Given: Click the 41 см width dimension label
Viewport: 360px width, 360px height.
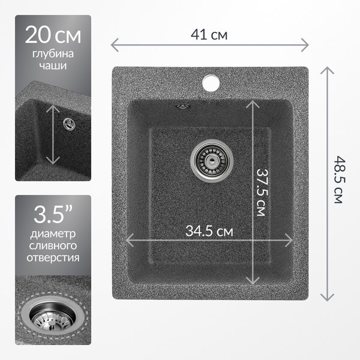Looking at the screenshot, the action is (209, 35).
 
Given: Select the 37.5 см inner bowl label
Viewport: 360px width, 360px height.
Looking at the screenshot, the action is (262, 193).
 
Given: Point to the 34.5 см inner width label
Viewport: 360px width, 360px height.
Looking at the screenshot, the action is (209, 231).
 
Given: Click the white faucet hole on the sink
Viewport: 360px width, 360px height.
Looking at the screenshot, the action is (211, 82).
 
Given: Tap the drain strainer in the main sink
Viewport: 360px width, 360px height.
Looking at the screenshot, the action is (212, 161).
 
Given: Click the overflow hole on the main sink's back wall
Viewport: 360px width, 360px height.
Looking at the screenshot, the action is (183, 106).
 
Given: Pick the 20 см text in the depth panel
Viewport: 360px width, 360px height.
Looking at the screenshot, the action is (53, 35).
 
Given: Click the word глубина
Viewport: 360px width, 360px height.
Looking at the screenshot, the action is (53, 54).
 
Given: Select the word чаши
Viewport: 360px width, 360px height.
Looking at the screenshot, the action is (53, 66).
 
